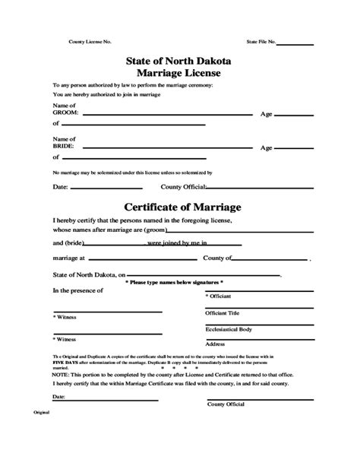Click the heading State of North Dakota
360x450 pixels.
(180, 59)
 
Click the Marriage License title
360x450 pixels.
(180, 73)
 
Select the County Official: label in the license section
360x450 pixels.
(182, 185)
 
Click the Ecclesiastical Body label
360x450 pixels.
(229, 328)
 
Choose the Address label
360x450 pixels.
(215, 344)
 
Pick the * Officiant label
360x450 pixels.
(219, 295)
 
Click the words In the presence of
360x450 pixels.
(79, 290)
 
